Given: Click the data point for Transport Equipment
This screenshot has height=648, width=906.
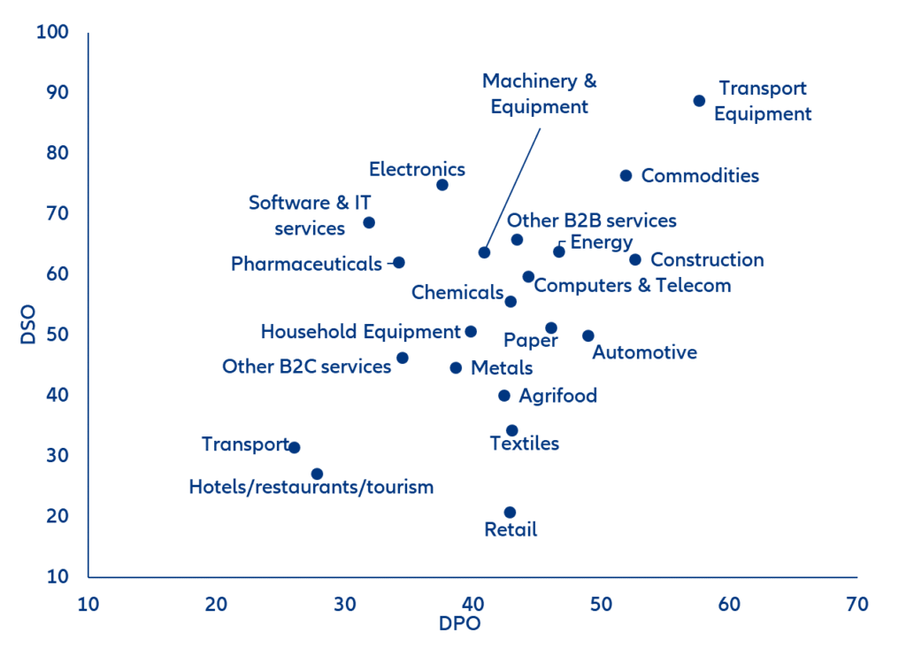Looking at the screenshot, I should click(x=699, y=101).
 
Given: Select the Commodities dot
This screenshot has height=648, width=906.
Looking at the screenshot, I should click(x=626, y=175).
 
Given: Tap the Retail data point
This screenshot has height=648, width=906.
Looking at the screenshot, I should click(x=510, y=513).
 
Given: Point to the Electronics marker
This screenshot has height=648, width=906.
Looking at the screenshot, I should click(x=442, y=185).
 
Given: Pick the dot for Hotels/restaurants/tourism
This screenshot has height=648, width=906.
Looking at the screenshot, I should click(x=317, y=474).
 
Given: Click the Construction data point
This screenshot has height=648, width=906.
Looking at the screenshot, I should click(x=634, y=259).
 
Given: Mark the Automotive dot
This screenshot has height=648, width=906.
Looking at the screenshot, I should click(x=587, y=336).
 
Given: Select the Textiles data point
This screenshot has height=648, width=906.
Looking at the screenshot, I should click(x=511, y=430).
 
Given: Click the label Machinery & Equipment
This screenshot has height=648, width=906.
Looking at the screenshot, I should click(x=539, y=94).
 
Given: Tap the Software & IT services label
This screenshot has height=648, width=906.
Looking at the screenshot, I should click(x=310, y=215).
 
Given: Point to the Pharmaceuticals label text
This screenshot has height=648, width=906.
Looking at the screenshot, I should click(x=306, y=264).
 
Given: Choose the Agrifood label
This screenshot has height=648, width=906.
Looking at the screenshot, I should click(x=557, y=396).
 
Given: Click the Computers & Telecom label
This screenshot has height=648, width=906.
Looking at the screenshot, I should click(x=633, y=285).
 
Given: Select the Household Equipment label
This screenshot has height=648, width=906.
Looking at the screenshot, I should click(x=360, y=332).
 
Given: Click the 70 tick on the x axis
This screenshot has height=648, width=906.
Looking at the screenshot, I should click(x=856, y=605).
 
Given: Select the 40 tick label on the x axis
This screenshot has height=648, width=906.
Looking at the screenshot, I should click(x=472, y=605).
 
